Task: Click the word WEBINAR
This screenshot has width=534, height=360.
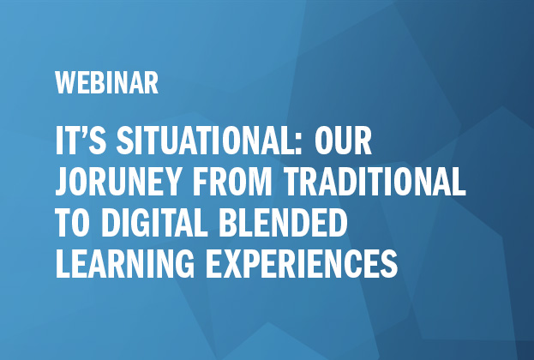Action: pos(106,84)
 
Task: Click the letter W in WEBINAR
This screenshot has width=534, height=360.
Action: pos(65,84)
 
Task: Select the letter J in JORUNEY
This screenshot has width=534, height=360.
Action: pos(62,183)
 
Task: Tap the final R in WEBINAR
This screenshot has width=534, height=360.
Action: pos(152,84)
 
